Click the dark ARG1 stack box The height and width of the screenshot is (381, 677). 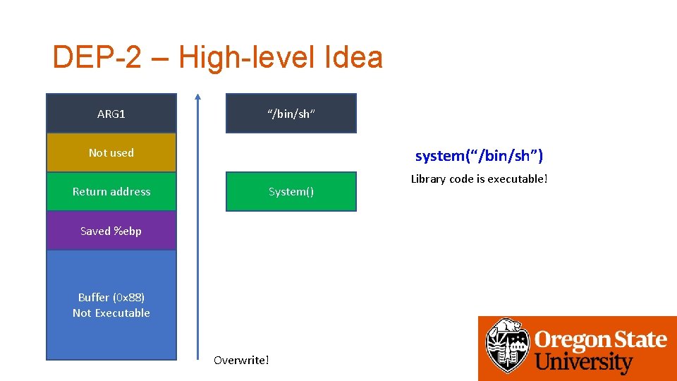tap(111, 114)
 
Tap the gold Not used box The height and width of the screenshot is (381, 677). tap(111, 152)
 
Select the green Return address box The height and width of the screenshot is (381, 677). tap(111, 191)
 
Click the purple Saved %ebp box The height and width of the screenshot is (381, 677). tap(111, 231)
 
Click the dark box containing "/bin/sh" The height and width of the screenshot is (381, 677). tap(291, 114)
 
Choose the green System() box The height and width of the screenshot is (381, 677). tap(291, 191)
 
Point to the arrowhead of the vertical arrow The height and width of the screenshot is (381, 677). tap(197, 97)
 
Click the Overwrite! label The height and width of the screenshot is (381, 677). tap(241, 361)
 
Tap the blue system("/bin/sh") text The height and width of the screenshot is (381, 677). tap(479, 155)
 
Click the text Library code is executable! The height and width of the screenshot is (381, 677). tap(479, 179)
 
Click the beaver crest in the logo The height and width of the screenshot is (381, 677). tap(506, 347)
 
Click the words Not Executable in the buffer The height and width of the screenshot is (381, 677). tap(111, 313)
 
